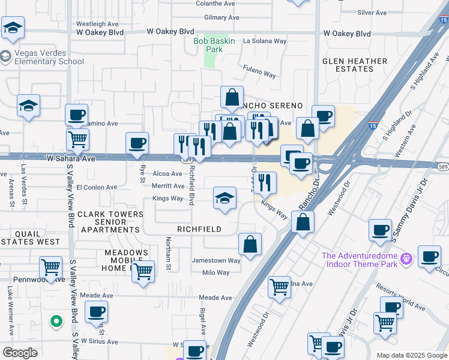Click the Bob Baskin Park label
(x=208, y=45)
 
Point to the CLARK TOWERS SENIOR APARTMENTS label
(x=110, y=222)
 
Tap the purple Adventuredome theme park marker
(x=407, y=257)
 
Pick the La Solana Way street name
(x=265, y=41)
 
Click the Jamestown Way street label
(x=215, y=260)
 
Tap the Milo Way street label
(x=215, y=272)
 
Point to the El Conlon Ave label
(x=96, y=187)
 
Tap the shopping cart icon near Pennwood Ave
(x=50, y=266)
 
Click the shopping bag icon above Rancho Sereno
(x=232, y=97)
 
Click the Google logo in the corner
(x=20, y=353)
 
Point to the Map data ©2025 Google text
(x=412, y=355)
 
